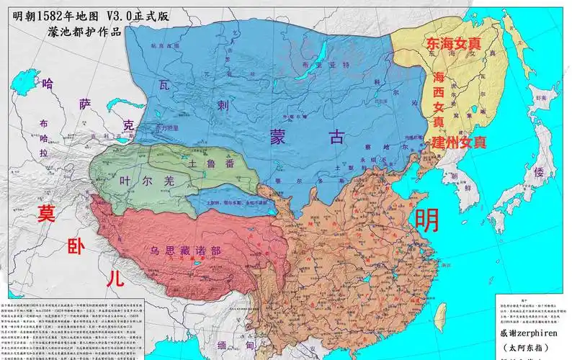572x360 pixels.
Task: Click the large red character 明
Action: point(426,218)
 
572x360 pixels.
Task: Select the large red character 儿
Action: point(111,279)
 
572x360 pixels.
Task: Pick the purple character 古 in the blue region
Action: point(336,138)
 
